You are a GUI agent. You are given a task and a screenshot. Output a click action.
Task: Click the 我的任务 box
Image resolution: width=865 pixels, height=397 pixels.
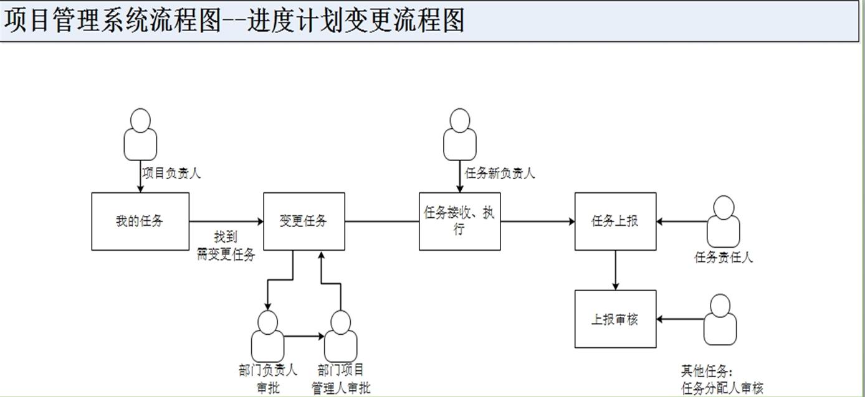140,221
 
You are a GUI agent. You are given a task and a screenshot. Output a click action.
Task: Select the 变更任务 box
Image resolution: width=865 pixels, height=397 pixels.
303,221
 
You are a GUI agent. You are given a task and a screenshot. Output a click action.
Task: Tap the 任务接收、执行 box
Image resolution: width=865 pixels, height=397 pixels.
459,221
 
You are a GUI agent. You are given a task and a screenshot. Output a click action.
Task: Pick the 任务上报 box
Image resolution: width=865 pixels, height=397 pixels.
615,221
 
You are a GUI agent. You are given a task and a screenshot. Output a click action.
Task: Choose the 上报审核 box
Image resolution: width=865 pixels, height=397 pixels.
615,319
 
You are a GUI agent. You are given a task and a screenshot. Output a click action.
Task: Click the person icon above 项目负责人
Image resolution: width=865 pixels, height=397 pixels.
141,134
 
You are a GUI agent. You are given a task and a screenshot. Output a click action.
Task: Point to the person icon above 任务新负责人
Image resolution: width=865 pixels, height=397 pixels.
460,134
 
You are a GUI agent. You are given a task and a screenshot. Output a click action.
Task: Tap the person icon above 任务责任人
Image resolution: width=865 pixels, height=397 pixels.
723,222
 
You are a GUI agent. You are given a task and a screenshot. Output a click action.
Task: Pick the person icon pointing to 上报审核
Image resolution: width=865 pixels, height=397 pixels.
720,319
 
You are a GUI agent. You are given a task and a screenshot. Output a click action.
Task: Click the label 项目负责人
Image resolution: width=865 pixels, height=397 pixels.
171,173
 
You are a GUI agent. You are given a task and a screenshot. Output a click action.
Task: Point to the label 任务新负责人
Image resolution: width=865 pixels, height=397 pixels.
500,173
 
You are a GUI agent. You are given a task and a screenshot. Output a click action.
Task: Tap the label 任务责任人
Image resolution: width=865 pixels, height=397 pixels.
724,257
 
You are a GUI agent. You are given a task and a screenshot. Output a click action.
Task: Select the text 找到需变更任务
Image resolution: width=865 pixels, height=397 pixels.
226,246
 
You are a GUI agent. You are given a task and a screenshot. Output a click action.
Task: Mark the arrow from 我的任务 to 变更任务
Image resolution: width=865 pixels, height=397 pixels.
226,221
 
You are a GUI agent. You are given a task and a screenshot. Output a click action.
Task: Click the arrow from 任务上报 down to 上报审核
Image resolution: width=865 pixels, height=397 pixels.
616,270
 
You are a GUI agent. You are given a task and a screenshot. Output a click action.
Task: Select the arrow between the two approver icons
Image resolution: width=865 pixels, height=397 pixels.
304,337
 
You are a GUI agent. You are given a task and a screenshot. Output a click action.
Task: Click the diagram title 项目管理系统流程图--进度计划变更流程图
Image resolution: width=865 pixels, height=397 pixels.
234,20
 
